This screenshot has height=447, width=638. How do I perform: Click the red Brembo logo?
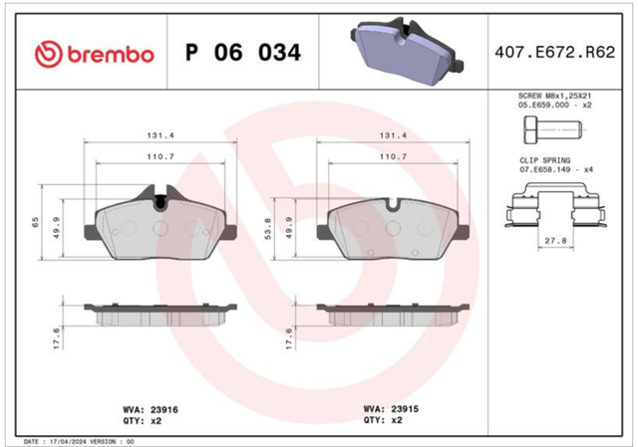(95, 54)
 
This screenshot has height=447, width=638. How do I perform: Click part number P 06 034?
(243, 53)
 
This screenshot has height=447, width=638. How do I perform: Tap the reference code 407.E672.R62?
(554, 53)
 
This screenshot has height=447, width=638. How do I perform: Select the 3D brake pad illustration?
(407, 51)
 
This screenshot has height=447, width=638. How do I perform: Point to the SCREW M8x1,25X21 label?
(554, 96)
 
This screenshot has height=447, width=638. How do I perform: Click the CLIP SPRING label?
(545, 160)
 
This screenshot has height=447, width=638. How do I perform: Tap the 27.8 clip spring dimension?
(556, 241)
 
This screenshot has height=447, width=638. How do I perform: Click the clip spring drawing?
(553, 205)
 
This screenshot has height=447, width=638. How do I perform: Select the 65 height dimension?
(36, 222)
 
